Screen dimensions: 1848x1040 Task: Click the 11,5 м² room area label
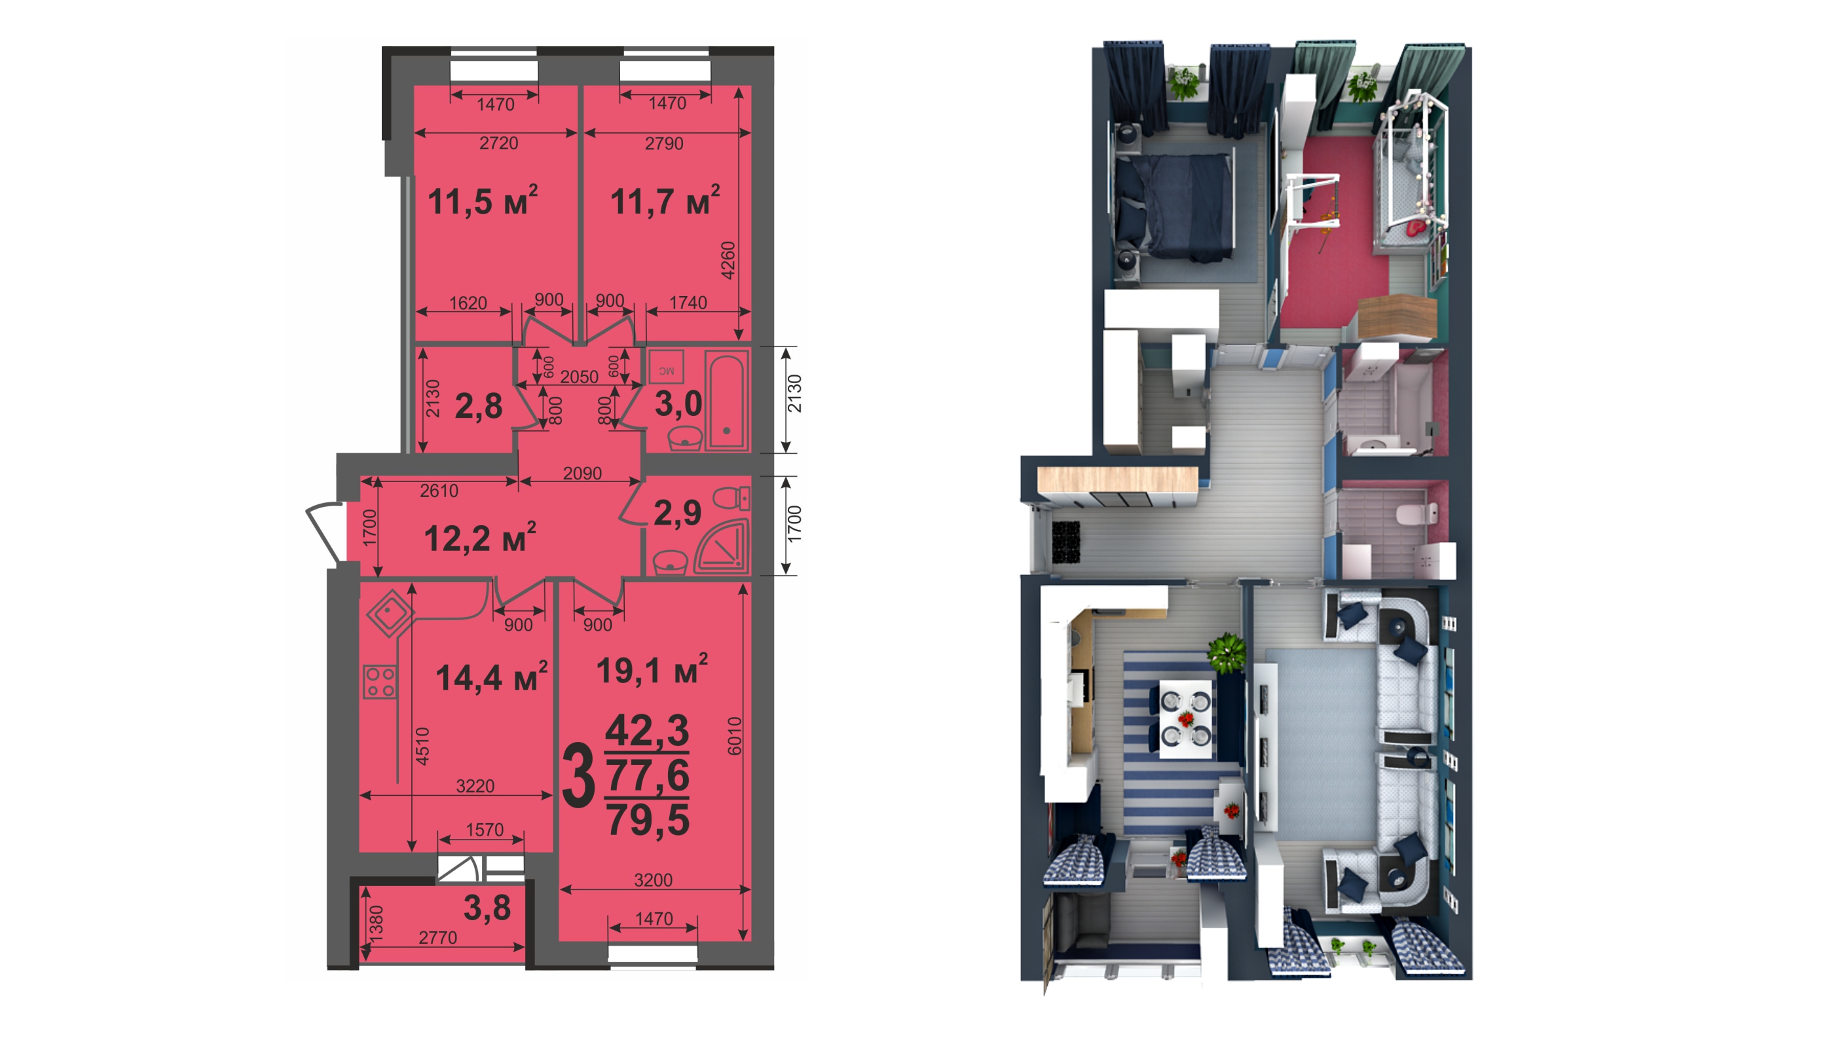coord(482,201)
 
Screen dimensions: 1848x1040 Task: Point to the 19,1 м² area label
coord(652,670)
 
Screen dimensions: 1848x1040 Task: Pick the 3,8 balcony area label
coord(487,908)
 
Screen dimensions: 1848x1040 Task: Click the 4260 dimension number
coord(728,261)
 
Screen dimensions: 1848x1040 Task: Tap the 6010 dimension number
coord(735,736)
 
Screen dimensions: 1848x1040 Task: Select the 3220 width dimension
coord(475,786)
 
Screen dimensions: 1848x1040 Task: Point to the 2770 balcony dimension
coord(437,937)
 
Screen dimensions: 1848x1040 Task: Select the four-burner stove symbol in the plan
coord(380,681)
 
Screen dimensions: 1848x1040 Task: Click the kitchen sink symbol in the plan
coord(390,613)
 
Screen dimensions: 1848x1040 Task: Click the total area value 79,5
coord(648,820)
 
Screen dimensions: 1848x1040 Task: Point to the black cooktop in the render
coord(1065,542)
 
